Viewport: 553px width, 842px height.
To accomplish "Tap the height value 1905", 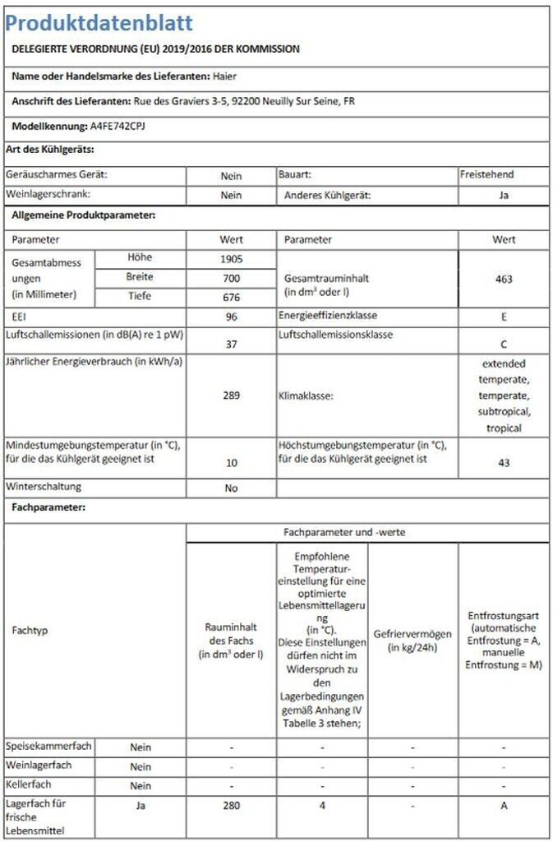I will (231, 259).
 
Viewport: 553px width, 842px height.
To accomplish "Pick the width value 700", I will (231, 278).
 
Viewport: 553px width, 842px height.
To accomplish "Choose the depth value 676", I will (231, 297).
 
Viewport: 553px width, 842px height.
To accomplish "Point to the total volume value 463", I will (504, 279).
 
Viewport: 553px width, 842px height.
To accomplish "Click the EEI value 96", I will (231, 316).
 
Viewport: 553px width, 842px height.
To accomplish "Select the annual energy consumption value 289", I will (231, 396).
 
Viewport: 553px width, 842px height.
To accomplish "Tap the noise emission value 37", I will (231, 345).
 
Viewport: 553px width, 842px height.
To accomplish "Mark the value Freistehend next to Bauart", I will (487, 175).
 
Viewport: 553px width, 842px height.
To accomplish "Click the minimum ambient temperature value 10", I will (231, 463).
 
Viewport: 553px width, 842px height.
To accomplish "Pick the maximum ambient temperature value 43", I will (504, 463).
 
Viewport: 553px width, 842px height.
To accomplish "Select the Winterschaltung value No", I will (231, 488).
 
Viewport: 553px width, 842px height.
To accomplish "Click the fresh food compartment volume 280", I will (231, 806).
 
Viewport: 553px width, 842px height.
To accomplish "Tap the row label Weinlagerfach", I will (39, 766).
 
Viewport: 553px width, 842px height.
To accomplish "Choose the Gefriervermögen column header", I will (412, 640).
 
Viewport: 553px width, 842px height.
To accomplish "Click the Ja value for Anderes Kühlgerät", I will (504, 196).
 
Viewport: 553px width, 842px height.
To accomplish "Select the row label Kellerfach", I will (28, 785).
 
